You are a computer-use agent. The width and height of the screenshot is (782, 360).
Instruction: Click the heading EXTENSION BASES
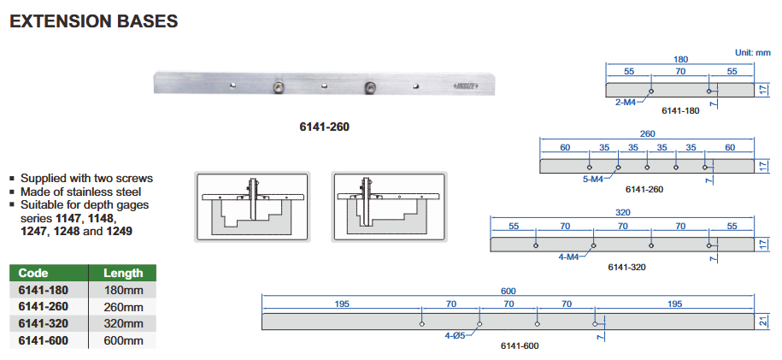(x=94, y=21)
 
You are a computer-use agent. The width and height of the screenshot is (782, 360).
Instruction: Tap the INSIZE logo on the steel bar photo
(x=465, y=86)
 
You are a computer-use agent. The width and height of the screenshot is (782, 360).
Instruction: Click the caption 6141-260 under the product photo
(x=324, y=127)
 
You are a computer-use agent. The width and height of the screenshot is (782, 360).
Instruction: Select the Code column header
(x=33, y=273)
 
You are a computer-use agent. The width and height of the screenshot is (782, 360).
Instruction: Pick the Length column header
(x=123, y=273)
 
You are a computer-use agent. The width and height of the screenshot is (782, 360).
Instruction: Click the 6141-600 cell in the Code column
(x=43, y=340)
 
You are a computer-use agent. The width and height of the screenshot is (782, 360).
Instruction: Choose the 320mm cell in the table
(x=123, y=323)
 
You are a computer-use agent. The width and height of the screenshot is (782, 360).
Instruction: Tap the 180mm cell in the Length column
(x=123, y=290)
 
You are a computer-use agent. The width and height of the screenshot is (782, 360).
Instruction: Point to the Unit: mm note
(x=753, y=52)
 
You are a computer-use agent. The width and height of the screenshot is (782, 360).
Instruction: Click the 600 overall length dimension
(x=509, y=291)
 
